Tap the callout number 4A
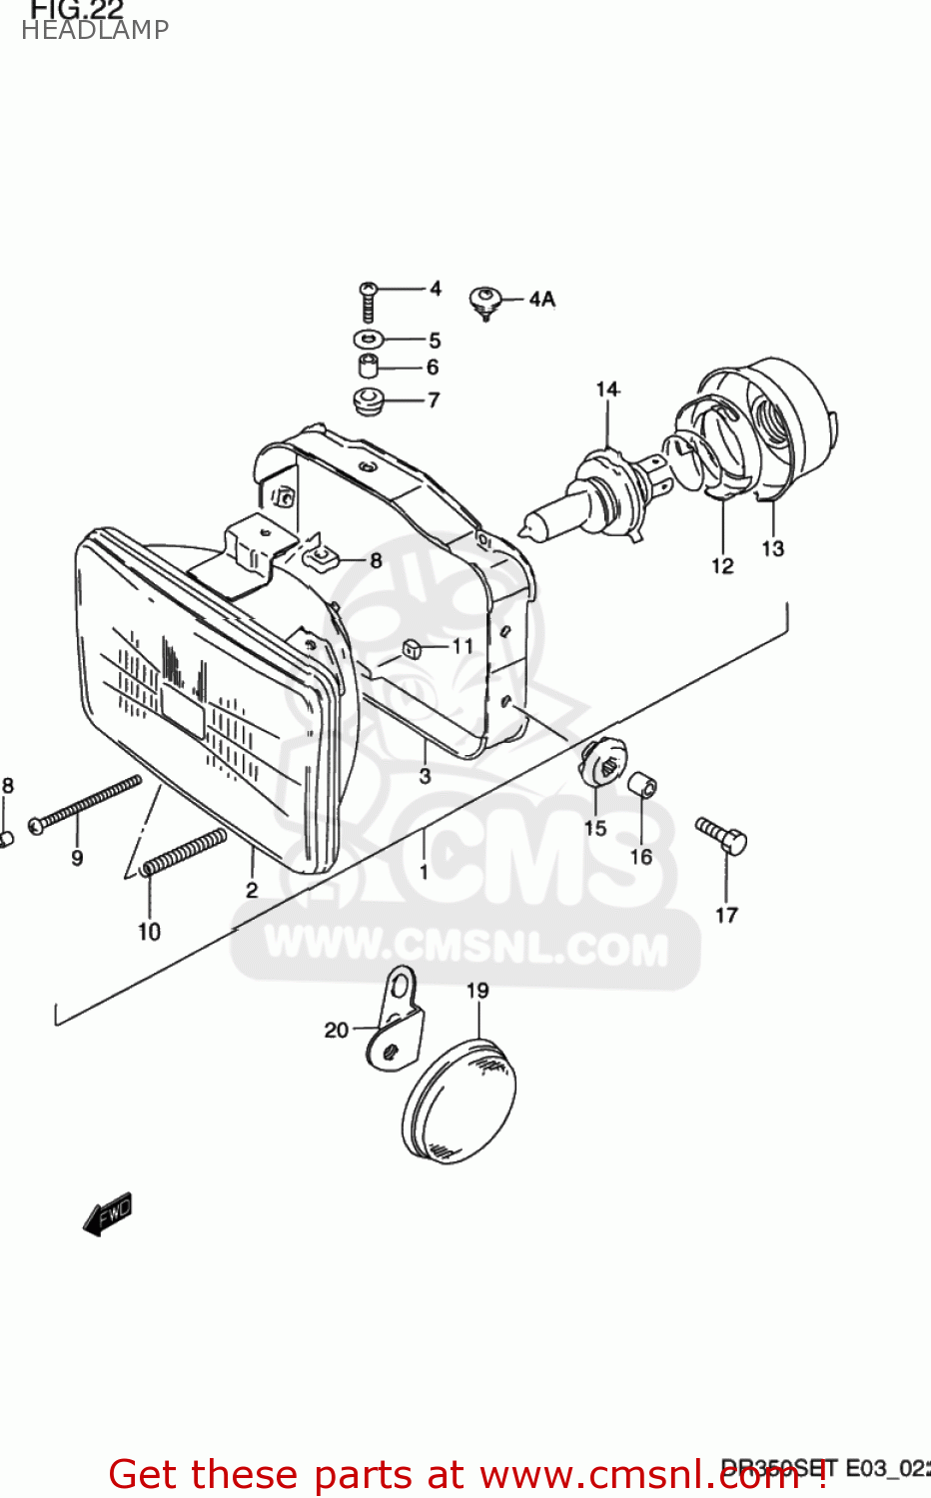point(541,299)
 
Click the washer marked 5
point(368,339)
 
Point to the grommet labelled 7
point(369,401)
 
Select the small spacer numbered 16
point(642,785)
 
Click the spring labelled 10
point(186,851)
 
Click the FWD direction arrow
point(107,1214)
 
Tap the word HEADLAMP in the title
point(95,30)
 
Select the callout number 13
point(772,548)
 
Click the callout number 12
point(722,566)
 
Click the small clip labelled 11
point(410,650)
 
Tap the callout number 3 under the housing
point(425,776)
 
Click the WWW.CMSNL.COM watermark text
point(466,946)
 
